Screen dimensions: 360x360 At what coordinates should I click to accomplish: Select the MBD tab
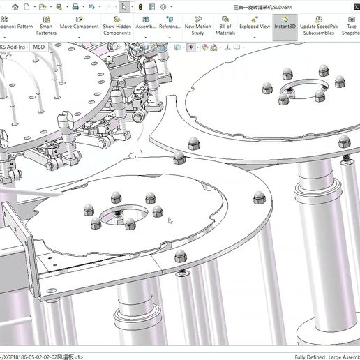[39, 47]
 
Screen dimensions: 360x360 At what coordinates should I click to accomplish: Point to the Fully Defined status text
[310, 357]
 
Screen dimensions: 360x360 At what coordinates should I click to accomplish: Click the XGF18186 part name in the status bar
[42, 357]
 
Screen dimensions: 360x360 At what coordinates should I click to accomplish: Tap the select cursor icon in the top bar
[123, 6]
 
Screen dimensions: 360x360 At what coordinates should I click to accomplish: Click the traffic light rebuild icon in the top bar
[140, 6]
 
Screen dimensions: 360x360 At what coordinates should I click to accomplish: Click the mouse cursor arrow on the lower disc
[170, 221]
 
